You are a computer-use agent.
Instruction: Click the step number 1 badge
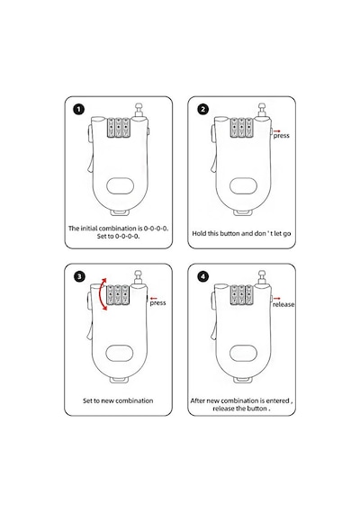tap(78, 109)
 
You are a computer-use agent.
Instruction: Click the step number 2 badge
tap(202, 109)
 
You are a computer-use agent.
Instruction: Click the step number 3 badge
tap(79, 277)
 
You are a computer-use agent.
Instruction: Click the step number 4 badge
tap(202, 277)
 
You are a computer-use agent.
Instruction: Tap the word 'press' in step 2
tap(282, 136)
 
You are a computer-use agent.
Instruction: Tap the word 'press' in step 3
tap(157, 303)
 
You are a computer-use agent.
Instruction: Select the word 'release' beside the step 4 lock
tap(283, 304)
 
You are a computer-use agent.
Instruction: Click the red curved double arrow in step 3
tap(102, 294)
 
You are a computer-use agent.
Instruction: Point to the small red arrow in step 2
tap(277, 130)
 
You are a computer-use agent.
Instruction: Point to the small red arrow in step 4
tap(277, 298)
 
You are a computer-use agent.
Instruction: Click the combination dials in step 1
tap(119, 127)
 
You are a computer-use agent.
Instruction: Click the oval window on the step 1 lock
tap(120, 185)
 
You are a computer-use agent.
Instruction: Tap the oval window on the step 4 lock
tap(243, 354)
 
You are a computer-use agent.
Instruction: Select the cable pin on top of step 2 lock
tap(262, 110)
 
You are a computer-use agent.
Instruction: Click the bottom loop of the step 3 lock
tap(119, 380)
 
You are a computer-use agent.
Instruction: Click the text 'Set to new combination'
tap(118, 400)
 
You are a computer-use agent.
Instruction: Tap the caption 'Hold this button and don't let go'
tap(241, 234)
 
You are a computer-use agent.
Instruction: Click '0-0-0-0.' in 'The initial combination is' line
tap(156, 229)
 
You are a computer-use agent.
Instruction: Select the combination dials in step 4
tap(241, 295)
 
